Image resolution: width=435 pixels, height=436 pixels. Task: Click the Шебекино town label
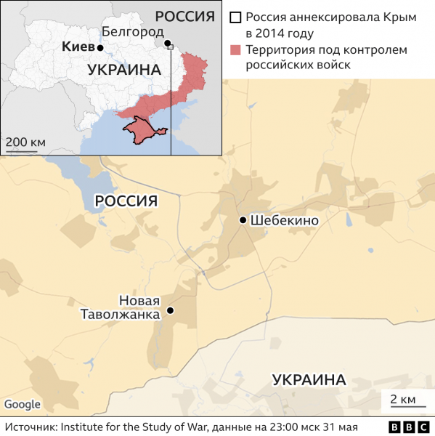point(284,220)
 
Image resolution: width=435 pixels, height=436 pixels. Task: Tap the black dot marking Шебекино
point(243,219)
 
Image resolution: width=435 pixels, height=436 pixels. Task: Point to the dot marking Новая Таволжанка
point(170,310)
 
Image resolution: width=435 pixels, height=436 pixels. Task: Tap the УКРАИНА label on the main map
point(309,379)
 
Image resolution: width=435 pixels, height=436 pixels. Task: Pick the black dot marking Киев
point(100,48)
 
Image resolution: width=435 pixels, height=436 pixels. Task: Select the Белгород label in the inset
point(132,31)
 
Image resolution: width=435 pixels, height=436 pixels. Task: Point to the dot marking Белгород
point(167,44)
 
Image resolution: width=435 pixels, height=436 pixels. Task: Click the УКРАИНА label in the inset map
point(123,70)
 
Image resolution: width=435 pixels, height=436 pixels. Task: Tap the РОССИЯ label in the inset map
point(185,17)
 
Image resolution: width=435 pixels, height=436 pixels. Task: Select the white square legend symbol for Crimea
point(235,17)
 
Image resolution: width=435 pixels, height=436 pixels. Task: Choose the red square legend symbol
point(235,50)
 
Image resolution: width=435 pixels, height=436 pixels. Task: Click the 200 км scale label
point(25,140)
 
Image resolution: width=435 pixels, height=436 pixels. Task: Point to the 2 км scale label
point(402,399)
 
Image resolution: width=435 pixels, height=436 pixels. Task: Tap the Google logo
point(22,405)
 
